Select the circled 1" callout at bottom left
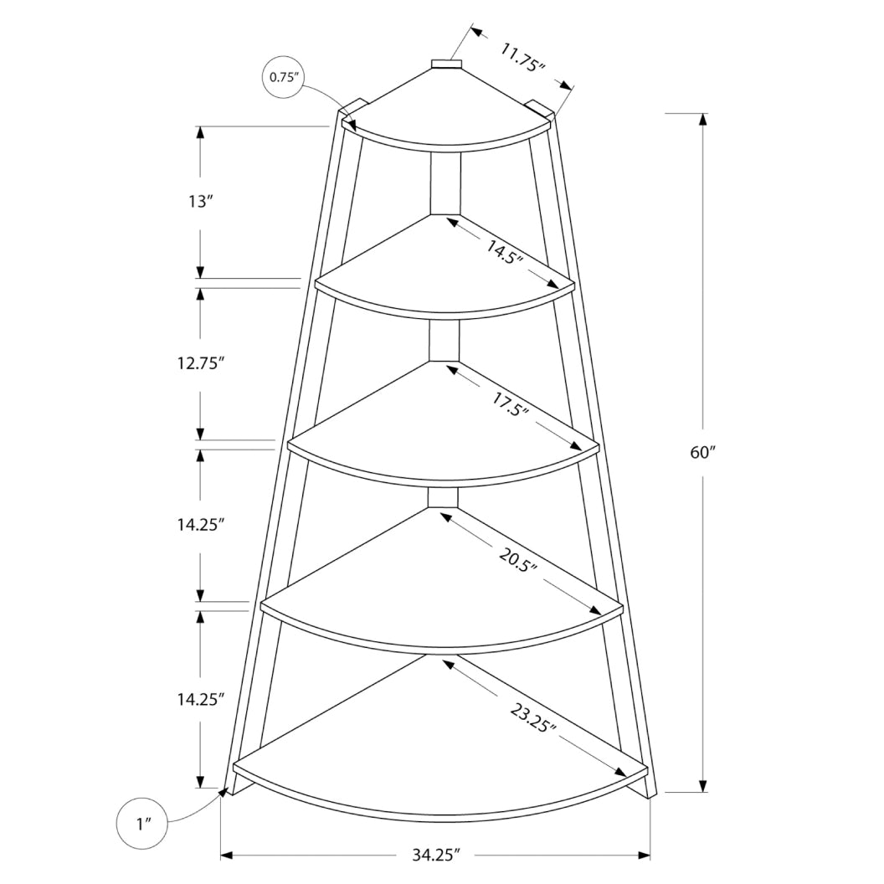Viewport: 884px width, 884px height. [x=141, y=824]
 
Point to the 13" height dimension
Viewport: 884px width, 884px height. [x=201, y=201]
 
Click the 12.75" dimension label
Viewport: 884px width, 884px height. [x=201, y=363]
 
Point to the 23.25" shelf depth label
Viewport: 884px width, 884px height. [x=533, y=716]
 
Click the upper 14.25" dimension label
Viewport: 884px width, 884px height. [x=201, y=525]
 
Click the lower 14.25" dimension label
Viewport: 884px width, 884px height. [x=201, y=700]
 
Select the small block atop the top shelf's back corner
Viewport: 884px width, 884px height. [x=445, y=64]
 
